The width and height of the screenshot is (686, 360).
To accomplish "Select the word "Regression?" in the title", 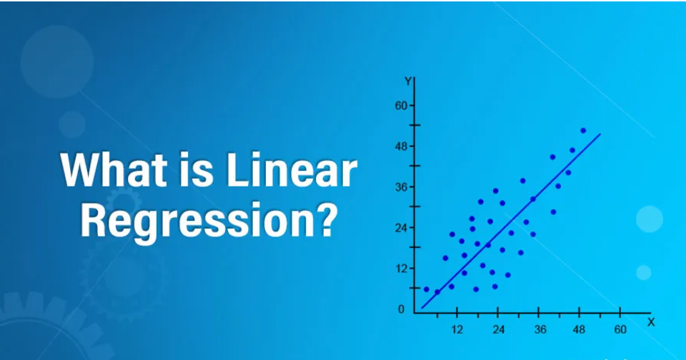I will [x=207, y=221].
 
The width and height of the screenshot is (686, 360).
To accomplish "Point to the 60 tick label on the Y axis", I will [x=401, y=106].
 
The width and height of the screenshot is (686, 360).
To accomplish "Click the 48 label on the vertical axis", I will [x=401, y=146].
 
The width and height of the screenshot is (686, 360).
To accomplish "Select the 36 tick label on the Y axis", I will [x=401, y=187].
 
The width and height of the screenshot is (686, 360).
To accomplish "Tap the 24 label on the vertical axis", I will [x=401, y=228].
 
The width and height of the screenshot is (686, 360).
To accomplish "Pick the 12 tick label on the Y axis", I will [x=401, y=269].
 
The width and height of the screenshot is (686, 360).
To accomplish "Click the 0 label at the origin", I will [x=401, y=309].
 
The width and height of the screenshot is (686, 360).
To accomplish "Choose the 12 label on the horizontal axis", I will [x=457, y=330].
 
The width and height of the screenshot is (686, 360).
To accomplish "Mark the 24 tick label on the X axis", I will [x=498, y=330].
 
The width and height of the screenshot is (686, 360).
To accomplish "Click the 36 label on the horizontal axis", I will [x=540, y=330].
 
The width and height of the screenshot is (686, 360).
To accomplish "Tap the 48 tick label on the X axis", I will [x=580, y=330].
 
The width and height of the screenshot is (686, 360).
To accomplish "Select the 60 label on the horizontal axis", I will [x=620, y=330].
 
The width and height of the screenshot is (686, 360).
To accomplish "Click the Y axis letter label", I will [x=407, y=81].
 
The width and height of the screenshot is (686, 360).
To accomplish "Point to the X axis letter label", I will [x=650, y=322].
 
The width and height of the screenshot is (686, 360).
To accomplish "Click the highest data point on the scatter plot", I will [x=583, y=131].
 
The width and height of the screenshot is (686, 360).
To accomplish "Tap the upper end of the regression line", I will [x=600, y=134].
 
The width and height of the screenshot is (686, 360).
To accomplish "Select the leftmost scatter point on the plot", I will [x=427, y=289].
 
